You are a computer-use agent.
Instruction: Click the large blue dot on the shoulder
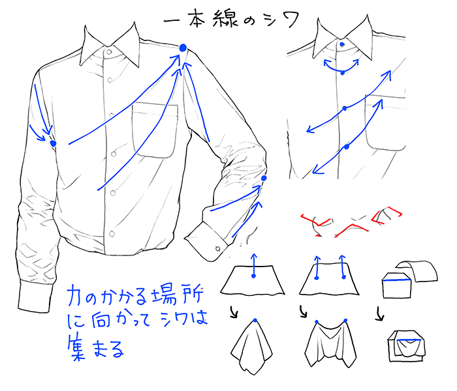[x=183, y=48]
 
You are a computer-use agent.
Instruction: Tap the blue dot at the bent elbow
[x=264, y=178]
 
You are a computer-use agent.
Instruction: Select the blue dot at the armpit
[x=53, y=143]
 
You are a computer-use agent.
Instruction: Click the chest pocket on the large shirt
[x=155, y=130]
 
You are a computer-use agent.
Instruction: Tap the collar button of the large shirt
[x=109, y=52]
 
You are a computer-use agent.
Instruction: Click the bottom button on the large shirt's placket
[x=112, y=233]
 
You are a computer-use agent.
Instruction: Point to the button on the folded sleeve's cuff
[x=217, y=249]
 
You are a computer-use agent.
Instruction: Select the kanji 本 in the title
[x=197, y=19]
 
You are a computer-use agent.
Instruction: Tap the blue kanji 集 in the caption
[x=76, y=348]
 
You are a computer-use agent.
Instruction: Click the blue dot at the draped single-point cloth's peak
[x=255, y=321]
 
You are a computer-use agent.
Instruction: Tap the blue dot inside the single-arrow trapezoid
[x=253, y=276]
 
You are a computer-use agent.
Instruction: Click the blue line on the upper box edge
[x=397, y=280]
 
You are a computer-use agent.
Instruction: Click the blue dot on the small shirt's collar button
[x=342, y=44]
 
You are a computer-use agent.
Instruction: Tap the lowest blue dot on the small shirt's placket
[x=346, y=147]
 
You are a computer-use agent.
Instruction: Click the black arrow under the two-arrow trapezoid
[x=303, y=311]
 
